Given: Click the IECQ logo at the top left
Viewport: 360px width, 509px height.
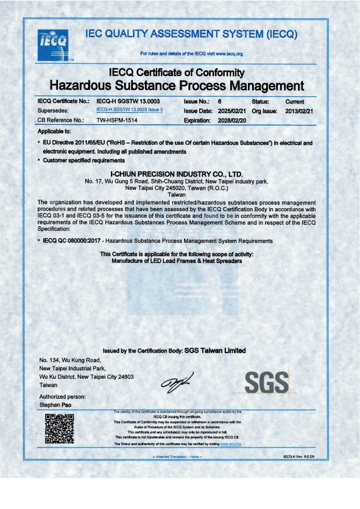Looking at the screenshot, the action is (x=53, y=42).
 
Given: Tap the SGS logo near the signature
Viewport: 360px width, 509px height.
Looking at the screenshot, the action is (x=265, y=382).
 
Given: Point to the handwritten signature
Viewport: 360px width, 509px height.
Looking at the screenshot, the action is (x=175, y=382).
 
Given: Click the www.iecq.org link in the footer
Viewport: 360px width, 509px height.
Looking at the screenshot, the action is (x=231, y=444).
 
